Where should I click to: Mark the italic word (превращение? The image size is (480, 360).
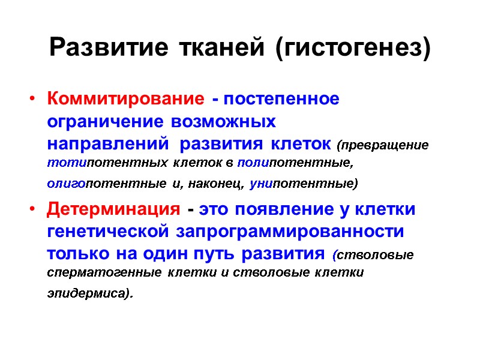click(383, 145)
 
